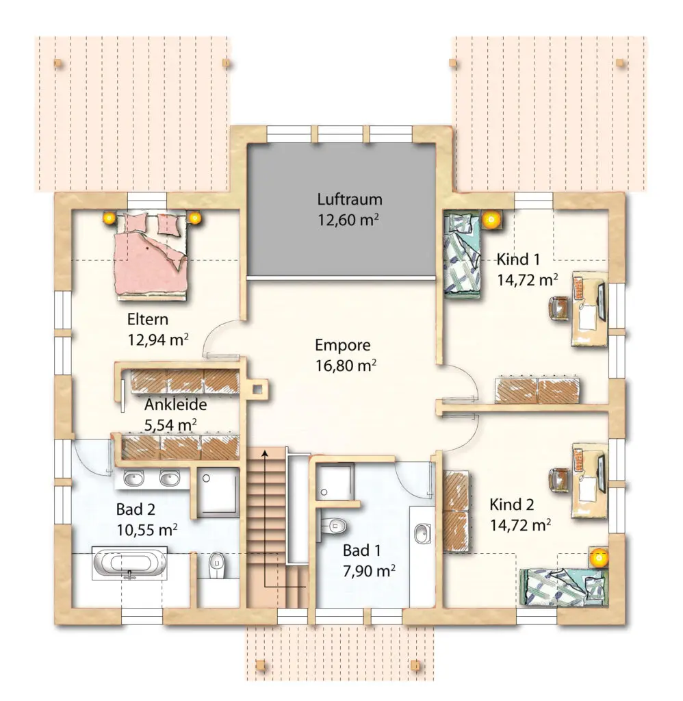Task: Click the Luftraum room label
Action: click(350, 199)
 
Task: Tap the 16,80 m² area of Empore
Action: click(346, 366)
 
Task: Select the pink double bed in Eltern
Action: click(151, 255)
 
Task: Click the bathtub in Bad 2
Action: click(129, 563)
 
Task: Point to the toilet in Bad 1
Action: click(333, 525)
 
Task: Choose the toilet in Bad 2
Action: click(218, 565)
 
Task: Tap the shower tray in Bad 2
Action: click(218, 492)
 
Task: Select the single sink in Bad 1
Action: click(422, 533)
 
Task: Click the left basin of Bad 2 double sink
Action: click(133, 479)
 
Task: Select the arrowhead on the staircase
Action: click(265, 455)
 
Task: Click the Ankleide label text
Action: click(176, 405)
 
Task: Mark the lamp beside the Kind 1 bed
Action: click(491, 220)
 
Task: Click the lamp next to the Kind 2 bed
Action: click(597, 557)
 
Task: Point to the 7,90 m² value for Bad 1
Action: click(369, 571)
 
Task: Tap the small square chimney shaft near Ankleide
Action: click(258, 389)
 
